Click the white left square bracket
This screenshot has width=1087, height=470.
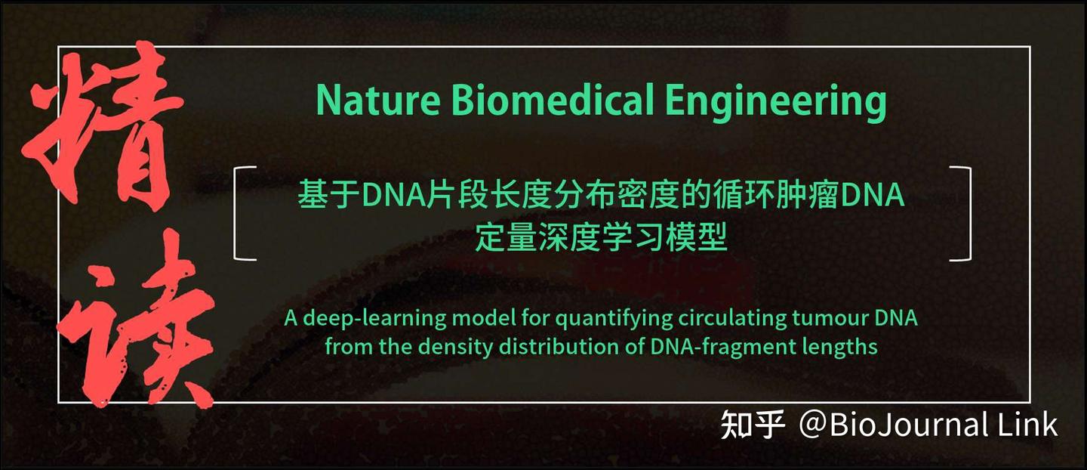[x=244, y=213]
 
